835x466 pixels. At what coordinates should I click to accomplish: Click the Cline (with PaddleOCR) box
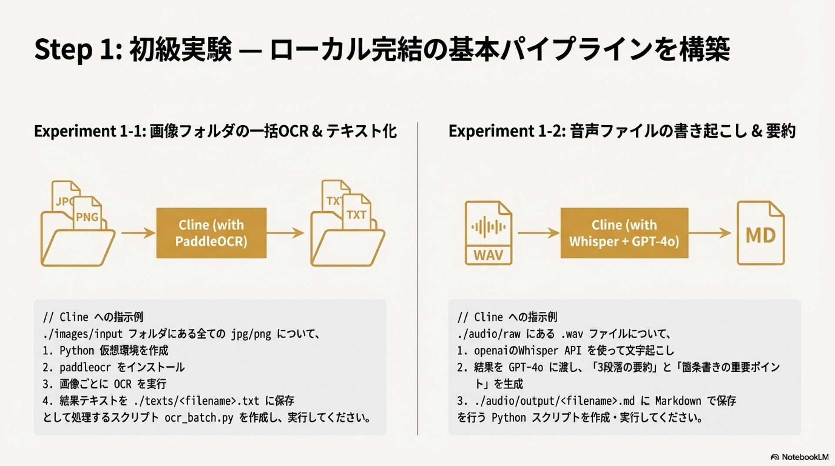[211, 233]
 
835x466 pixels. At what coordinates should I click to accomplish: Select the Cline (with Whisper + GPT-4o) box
[624, 233]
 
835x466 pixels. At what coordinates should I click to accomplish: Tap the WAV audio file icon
[488, 233]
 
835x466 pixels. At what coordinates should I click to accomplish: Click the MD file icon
[761, 233]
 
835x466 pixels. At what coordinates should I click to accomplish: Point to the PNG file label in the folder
[87, 216]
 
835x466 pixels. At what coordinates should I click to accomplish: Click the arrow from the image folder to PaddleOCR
[138, 233]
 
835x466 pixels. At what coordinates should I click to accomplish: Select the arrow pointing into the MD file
[710, 233]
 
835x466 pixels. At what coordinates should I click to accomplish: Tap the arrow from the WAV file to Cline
[538, 233]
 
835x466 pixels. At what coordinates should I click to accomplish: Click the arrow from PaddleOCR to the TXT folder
[285, 233]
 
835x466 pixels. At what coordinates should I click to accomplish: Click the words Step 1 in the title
[74, 49]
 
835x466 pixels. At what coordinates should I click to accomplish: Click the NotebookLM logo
[799, 457]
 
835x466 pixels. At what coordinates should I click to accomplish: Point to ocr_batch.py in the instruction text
[199, 418]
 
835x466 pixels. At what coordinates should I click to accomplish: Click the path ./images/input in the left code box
[83, 334]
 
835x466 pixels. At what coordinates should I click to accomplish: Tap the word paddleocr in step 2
[85, 367]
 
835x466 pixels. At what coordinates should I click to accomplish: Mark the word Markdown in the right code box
[678, 401]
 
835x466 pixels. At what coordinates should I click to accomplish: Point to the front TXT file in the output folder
[356, 214]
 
